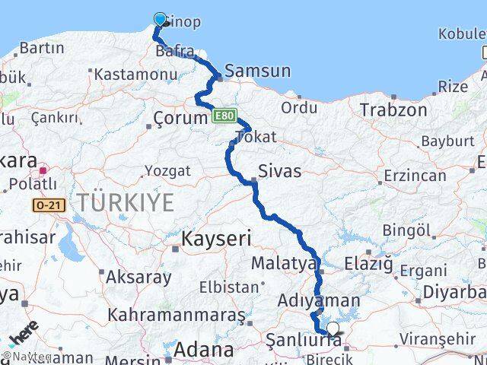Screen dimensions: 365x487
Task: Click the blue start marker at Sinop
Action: click(160, 19)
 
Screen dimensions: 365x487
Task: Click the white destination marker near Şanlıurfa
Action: click(333, 329)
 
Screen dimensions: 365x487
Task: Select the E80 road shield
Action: click(222, 116)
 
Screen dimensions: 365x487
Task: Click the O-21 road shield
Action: click(45, 205)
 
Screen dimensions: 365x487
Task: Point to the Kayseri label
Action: click(216, 239)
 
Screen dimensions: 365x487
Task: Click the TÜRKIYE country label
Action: click(125, 202)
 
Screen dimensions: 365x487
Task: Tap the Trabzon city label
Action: click(393, 109)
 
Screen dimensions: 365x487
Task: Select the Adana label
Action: click(203, 350)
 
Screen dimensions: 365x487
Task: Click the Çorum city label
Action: click(180, 118)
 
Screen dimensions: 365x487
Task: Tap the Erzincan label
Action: click(415, 176)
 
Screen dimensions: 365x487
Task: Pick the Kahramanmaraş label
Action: click(177, 314)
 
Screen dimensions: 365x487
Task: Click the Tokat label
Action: click(256, 137)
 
